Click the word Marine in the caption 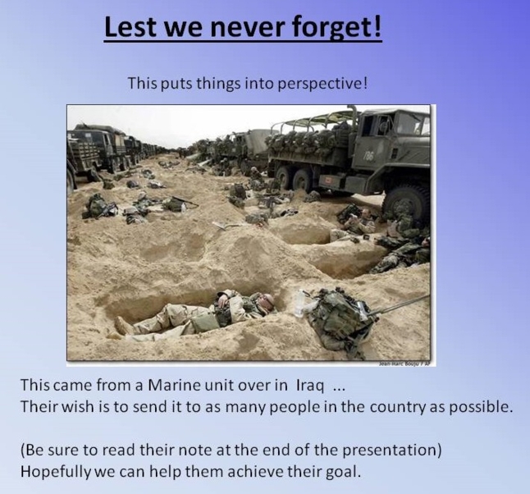tap(174, 385)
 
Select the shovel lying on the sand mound tap(226, 225)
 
